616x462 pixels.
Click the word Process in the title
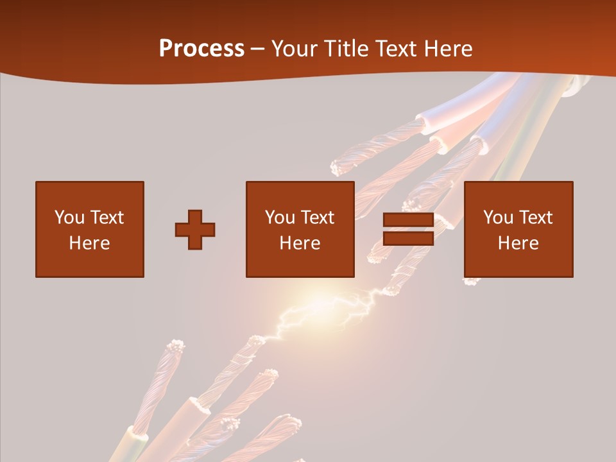click(x=201, y=49)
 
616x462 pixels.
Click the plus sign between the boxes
click(x=195, y=230)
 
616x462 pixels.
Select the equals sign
click(x=408, y=230)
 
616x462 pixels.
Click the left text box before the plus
click(x=90, y=230)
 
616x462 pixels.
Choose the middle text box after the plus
click(x=300, y=230)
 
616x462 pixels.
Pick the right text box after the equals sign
click(x=518, y=230)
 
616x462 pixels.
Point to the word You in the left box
click(x=69, y=218)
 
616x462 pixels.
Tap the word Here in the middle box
click(x=300, y=243)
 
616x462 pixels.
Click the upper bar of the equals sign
click(x=408, y=219)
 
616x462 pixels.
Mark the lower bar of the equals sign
click(x=408, y=239)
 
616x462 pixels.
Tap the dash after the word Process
click(x=257, y=49)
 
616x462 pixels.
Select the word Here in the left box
click(x=90, y=243)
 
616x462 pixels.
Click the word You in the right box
click(x=498, y=218)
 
